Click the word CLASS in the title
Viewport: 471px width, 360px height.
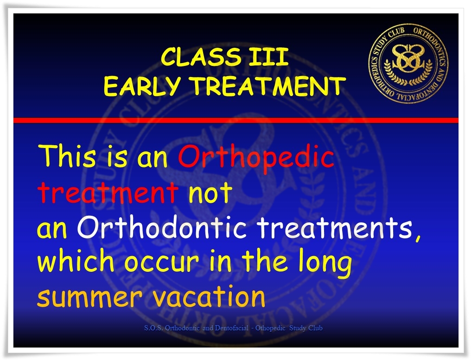201,57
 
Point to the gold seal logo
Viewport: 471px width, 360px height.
408,64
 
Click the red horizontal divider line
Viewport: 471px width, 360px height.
236,121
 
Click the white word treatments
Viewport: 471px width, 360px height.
335,227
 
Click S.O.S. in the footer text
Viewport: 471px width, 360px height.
153,328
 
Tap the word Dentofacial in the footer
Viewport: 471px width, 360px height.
232,328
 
